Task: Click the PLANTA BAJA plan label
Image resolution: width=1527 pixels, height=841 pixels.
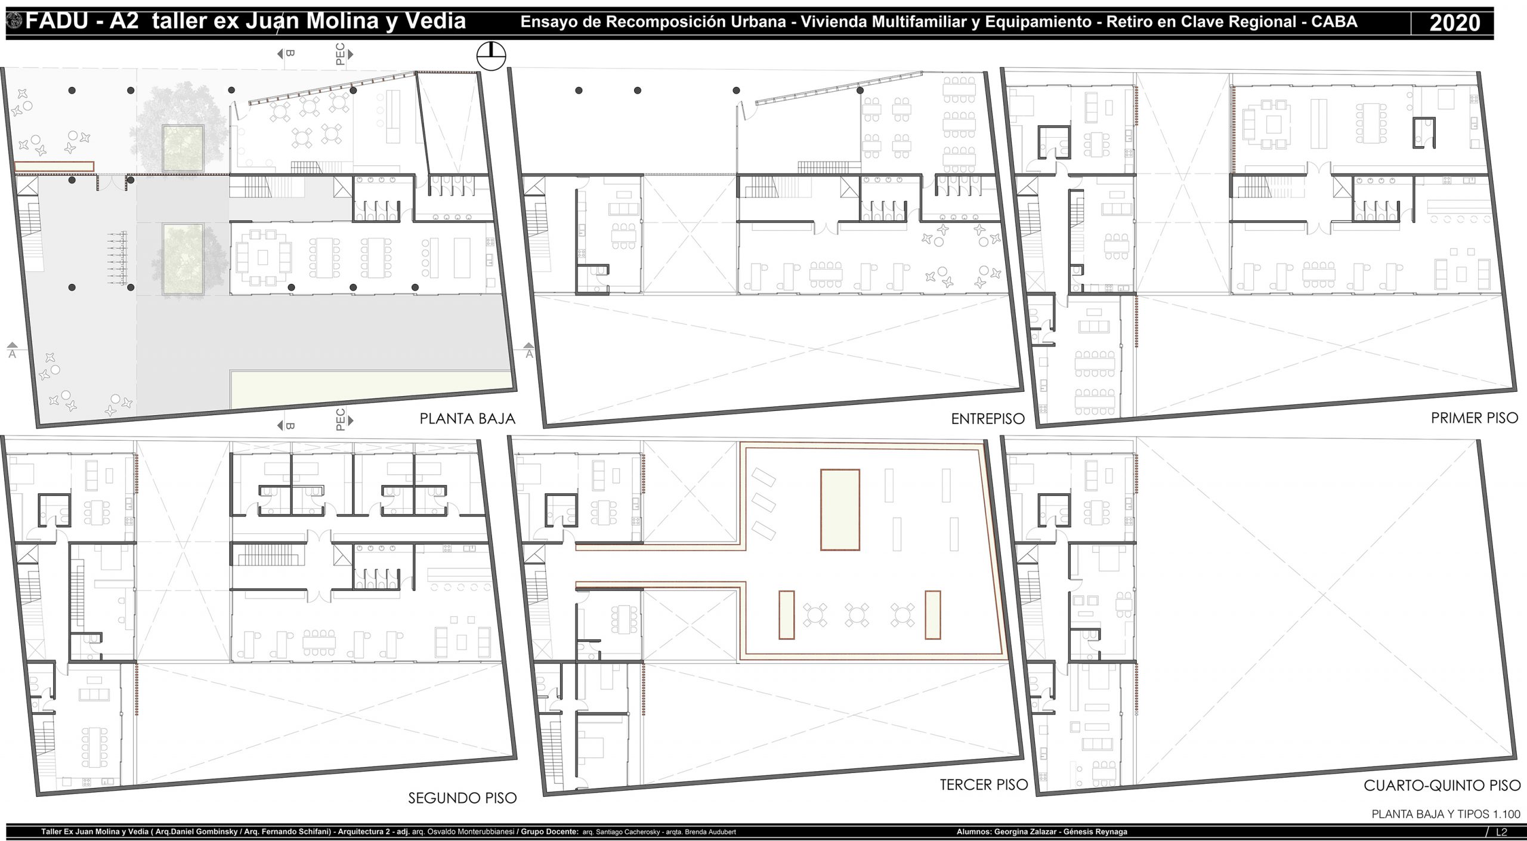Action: [x=467, y=419]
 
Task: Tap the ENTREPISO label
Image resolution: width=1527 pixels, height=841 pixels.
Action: [x=988, y=419]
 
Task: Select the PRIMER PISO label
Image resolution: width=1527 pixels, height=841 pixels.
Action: [x=1475, y=418]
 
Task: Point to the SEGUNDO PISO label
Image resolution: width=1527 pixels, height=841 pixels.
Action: [x=462, y=798]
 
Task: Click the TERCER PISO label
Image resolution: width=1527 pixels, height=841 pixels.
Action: [x=984, y=784]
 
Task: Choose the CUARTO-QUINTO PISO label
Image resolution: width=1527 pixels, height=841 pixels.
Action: [x=1442, y=786]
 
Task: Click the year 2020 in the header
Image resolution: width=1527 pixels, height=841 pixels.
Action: [x=1455, y=23]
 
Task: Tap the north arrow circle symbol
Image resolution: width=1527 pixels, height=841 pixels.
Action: [x=491, y=57]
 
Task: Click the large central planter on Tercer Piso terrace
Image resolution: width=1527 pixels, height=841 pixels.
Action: [x=840, y=509]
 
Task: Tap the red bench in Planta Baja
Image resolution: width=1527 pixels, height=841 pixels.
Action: [x=54, y=166]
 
